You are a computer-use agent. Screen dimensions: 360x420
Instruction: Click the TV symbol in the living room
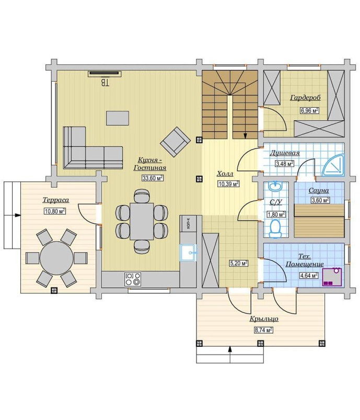pos(104,73)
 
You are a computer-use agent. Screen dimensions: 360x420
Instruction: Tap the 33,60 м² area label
pos(153,178)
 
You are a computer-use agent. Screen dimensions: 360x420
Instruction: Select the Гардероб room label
pos(305,98)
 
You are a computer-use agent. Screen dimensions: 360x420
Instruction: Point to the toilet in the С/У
pos(275,229)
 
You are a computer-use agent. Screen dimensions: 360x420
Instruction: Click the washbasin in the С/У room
pos(275,186)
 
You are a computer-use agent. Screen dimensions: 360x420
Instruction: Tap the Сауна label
pos(319,190)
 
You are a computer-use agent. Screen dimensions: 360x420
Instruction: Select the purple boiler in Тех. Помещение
pos(332,277)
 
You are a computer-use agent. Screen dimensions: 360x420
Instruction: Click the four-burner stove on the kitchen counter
pos(133,279)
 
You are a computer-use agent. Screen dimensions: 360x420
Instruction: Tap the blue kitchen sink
pos(189,253)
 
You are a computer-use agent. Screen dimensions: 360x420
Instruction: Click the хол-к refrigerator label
pos(189,223)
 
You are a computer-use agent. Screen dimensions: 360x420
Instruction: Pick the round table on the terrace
pos(56,258)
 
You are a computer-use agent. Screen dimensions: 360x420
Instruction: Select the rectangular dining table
pos(142,221)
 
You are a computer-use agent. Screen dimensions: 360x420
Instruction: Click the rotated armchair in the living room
pos(176,142)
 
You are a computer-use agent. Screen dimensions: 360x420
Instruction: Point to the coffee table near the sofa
pos(118,118)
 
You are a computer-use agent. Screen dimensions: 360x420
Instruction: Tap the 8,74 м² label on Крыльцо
pos(264,330)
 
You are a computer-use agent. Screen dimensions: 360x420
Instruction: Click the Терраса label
pos(56,200)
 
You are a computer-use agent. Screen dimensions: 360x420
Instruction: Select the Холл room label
pos(225,174)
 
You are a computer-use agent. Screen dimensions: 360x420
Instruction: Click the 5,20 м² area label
pos(238,263)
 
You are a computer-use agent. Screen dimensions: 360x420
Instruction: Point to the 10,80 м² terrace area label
pos(55,211)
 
